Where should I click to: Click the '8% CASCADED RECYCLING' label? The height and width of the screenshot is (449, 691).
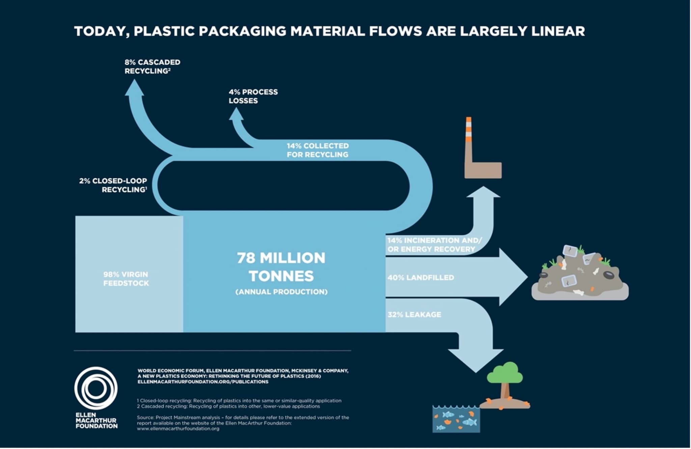(152, 67)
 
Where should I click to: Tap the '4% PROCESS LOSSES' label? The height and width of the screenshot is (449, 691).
(253, 96)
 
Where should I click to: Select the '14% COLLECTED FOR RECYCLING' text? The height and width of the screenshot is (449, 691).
(317, 150)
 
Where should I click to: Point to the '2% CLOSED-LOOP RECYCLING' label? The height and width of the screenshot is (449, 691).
(113, 185)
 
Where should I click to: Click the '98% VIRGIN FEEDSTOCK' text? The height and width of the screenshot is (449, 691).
(126, 279)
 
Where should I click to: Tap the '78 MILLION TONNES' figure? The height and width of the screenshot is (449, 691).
(281, 267)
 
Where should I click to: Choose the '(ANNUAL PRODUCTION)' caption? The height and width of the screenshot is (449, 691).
(281, 292)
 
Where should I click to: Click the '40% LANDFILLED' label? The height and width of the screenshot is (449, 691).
(420, 278)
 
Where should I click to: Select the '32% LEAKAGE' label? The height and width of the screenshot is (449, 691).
(414, 315)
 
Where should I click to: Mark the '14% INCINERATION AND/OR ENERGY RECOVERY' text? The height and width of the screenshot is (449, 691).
(434, 245)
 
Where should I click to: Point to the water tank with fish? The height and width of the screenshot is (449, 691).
(456, 419)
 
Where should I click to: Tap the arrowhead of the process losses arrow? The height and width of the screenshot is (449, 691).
(236, 114)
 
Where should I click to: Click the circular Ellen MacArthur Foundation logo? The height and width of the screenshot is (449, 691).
(96, 388)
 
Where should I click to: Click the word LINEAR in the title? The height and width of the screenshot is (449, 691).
(558, 31)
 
